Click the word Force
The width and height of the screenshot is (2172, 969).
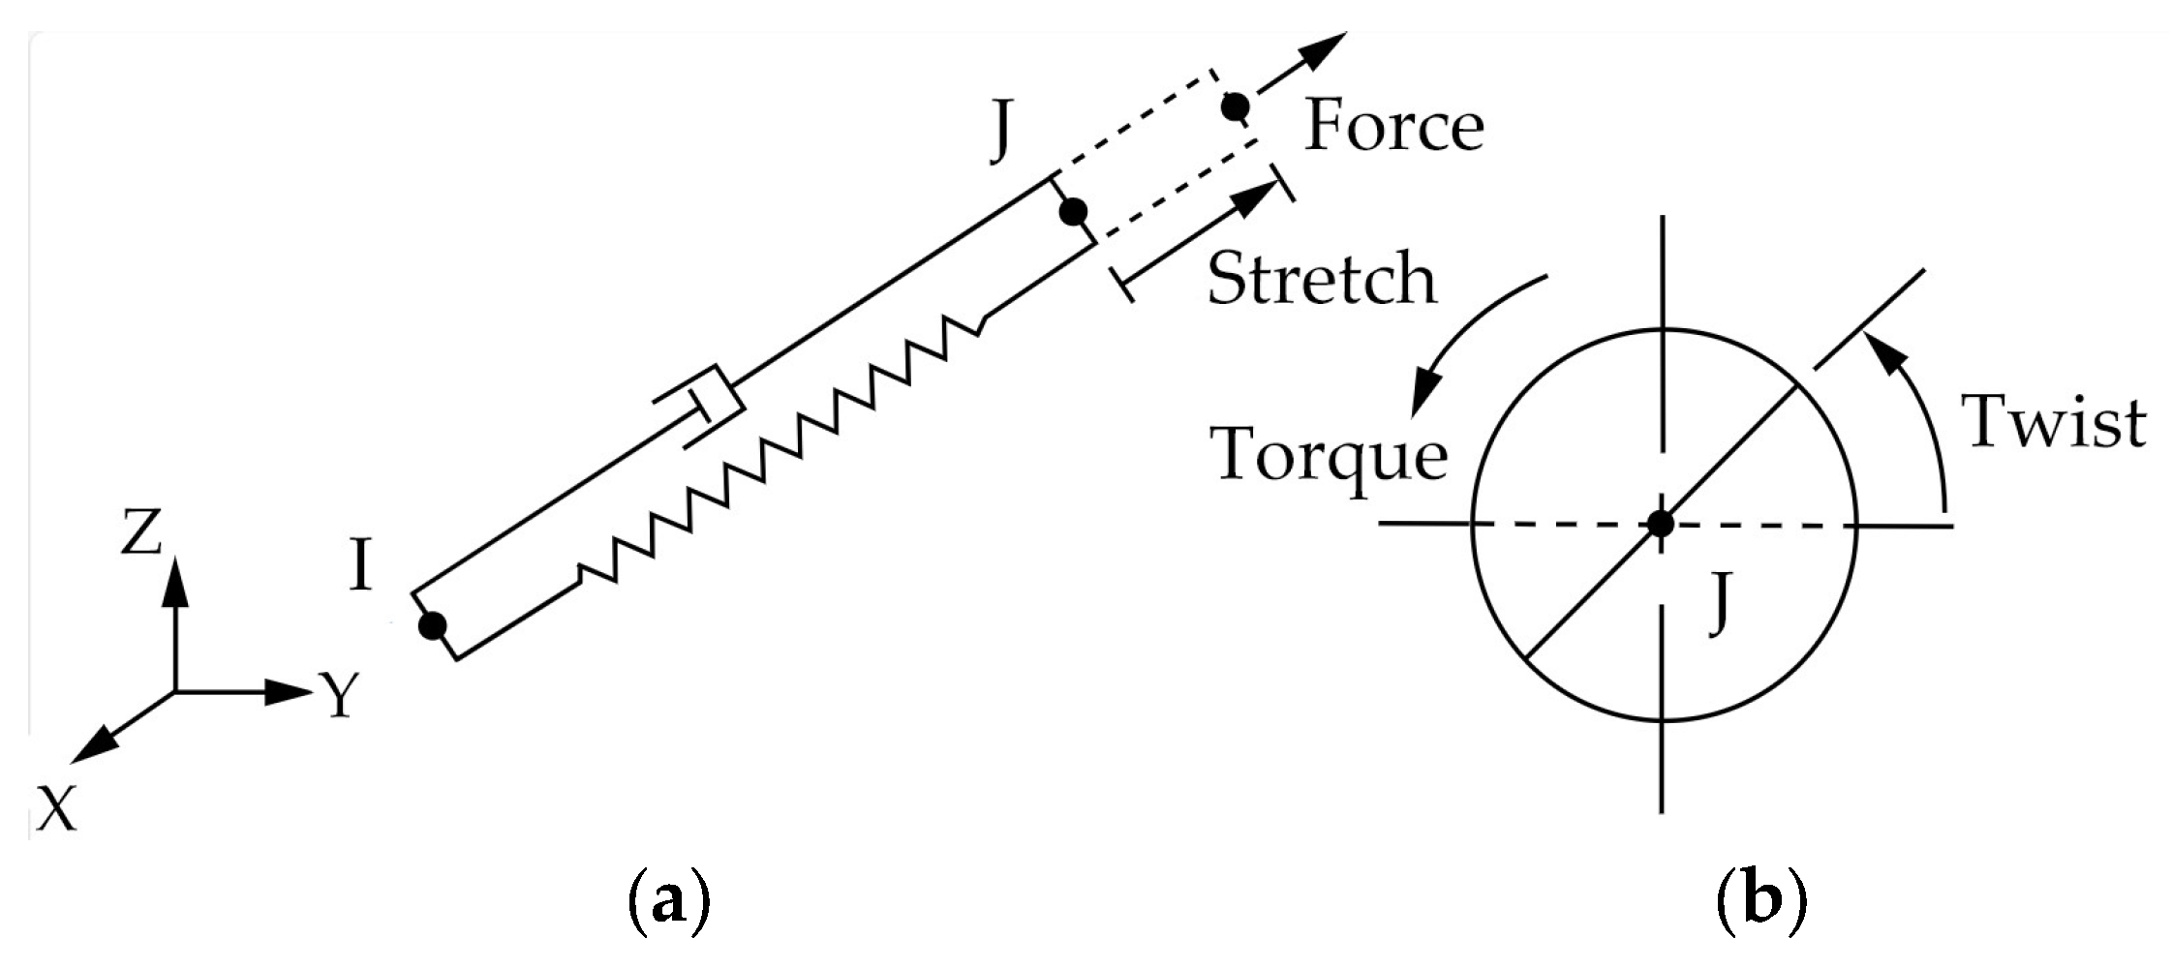[1393, 129]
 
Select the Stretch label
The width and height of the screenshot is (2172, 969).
[1322, 281]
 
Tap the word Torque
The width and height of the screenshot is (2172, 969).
[1329, 455]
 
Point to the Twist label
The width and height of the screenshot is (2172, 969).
[2054, 423]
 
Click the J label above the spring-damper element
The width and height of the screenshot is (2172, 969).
[1002, 136]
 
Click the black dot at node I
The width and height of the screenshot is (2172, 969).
[432, 626]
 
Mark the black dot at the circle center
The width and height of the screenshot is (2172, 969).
[1661, 524]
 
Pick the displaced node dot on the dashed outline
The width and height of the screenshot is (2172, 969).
[1234, 106]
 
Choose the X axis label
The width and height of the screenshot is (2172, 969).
[56, 808]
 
